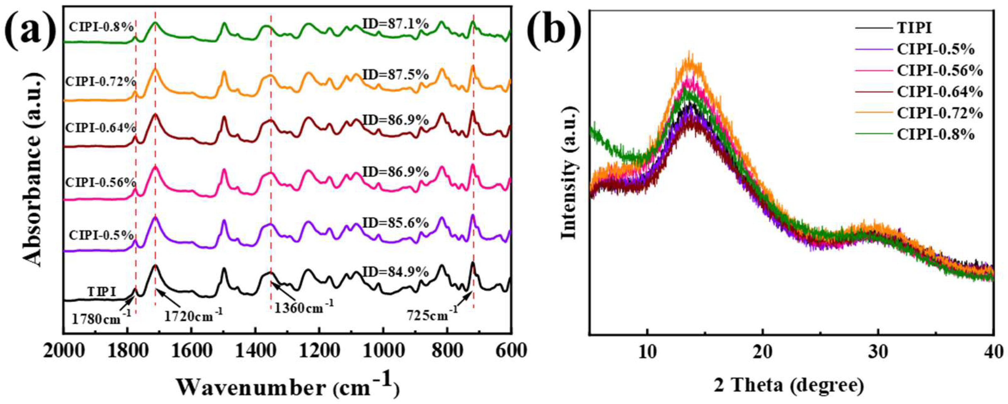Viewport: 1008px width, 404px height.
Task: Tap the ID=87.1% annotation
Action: pyautogui.click(x=396, y=25)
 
